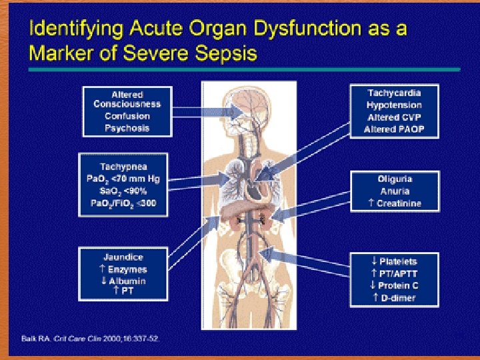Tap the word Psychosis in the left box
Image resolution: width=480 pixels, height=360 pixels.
click(127, 128)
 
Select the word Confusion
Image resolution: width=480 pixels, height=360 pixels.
click(127, 116)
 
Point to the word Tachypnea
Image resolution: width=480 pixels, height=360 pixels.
click(123, 166)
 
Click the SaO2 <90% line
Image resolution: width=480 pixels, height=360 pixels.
click(123, 191)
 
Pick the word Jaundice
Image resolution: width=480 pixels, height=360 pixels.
click(123, 257)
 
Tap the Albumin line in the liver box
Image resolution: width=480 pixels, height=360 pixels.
click(123, 281)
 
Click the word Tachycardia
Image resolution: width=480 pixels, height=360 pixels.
click(394, 93)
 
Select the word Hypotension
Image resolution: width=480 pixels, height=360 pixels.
click(394, 105)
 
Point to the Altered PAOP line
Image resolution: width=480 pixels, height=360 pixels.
click(394, 129)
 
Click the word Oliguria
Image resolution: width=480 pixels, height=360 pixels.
click(395, 179)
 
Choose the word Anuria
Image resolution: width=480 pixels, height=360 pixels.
click(395, 191)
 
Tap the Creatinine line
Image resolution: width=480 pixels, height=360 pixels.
click(395, 203)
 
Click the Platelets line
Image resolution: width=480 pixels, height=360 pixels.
click(394, 261)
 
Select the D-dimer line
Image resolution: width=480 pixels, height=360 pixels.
click(394, 297)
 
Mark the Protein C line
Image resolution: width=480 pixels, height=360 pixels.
click(394, 285)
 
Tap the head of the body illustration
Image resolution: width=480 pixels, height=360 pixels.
click(247, 100)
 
